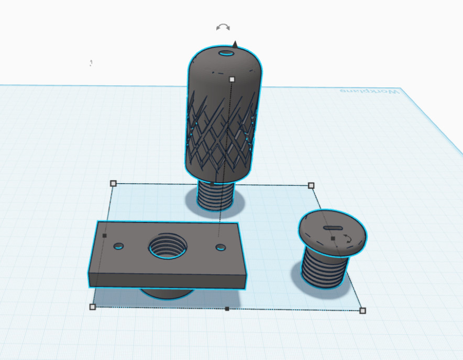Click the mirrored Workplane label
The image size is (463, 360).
point(369,91)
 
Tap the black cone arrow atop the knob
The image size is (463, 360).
point(235,44)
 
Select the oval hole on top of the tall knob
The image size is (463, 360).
point(226,53)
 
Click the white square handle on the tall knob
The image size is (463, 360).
point(232,79)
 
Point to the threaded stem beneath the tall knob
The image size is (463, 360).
point(216,195)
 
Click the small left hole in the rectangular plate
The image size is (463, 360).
point(118,246)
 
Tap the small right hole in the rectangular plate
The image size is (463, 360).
point(221,248)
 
